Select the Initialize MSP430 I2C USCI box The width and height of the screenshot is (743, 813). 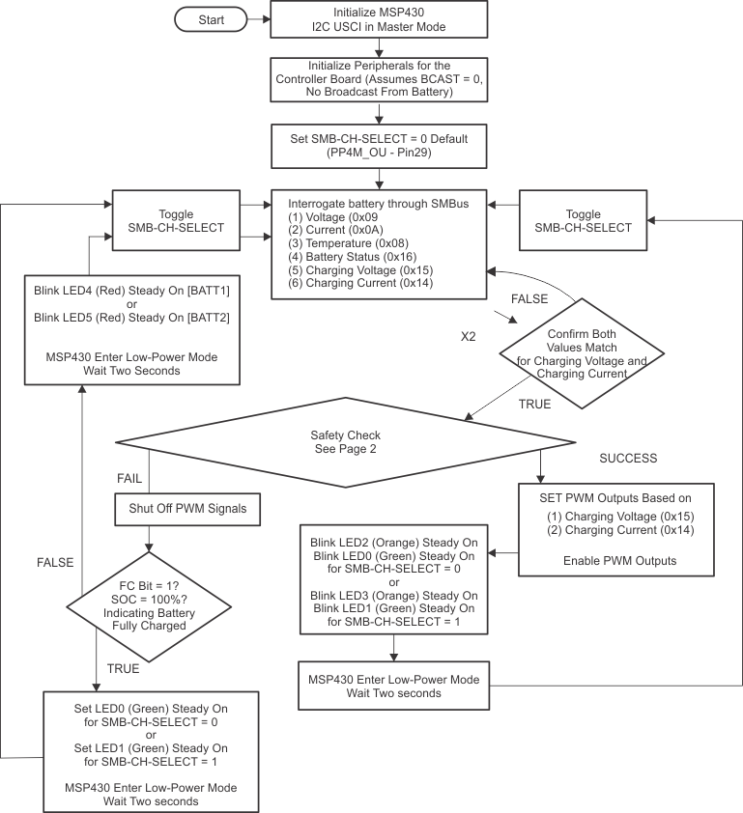(378, 19)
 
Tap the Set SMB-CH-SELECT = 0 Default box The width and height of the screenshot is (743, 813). (378, 145)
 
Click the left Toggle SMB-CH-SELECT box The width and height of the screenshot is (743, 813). (175, 221)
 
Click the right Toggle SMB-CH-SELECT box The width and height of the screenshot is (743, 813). (583, 221)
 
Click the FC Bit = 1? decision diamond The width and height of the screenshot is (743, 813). (148, 605)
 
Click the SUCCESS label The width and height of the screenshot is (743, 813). (628, 458)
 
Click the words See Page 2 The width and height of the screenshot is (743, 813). (345, 449)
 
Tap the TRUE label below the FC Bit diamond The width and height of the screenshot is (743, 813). (123, 668)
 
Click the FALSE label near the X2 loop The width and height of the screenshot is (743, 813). (529, 298)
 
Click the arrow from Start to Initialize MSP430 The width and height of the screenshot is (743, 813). (257, 18)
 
